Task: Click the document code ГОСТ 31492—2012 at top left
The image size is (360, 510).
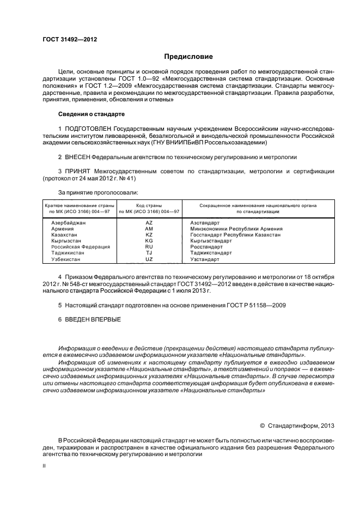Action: [x=66, y=39]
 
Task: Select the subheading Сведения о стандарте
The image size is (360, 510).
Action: [x=91, y=114]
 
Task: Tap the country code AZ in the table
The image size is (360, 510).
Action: [x=149, y=223]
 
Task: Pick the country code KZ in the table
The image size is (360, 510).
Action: [x=149, y=234]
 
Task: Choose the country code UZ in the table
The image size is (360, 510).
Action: [x=149, y=259]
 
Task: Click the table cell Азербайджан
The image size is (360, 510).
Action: [x=68, y=223]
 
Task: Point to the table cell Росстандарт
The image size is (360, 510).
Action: [x=205, y=247]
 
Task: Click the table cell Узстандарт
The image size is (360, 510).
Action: [x=204, y=259]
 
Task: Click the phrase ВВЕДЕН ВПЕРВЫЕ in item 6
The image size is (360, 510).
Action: [x=93, y=319]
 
